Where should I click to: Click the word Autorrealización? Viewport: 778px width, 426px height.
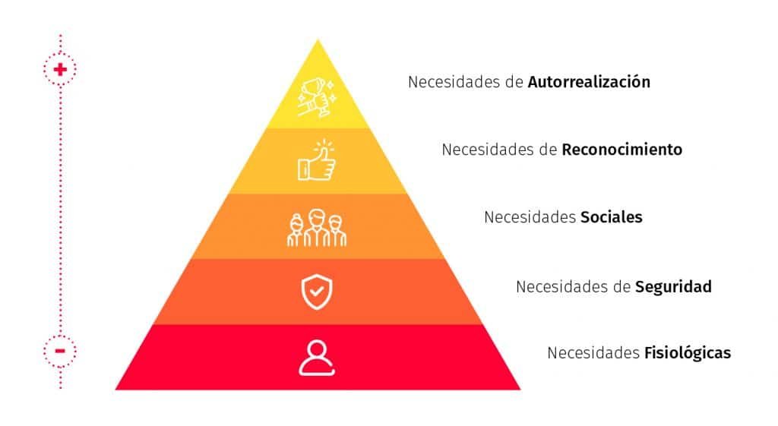click(x=589, y=82)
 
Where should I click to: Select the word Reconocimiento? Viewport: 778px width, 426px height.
click(x=621, y=150)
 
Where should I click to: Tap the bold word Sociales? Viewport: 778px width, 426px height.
click(x=612, y=217)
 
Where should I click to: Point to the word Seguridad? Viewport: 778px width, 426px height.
click(x=673, y=286)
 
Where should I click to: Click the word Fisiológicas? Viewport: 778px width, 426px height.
click(x=687, y=352)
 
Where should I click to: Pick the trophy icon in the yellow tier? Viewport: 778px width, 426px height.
click(x=317, y=97)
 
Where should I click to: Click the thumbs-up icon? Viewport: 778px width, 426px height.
click(x=317, y=159)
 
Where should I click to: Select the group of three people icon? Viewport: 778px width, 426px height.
click(x=317, y=228)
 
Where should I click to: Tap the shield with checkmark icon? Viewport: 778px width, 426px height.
click(x=317, y=292)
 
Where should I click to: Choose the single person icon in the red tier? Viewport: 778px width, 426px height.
click(x=317, y=358)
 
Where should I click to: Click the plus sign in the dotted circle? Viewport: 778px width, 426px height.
click(x=60, y=69)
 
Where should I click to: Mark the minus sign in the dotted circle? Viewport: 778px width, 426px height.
click(x=60, y=351)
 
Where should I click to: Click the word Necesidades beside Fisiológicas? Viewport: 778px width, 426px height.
click(x=593, y=352)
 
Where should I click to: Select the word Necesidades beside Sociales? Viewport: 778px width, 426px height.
click(x=530, y=217)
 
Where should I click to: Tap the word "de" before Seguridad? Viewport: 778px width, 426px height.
click(x=624, y=286)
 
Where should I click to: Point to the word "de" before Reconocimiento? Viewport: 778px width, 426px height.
click(x=550, y=150)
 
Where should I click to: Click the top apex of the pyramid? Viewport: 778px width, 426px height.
click(x=318, y=39)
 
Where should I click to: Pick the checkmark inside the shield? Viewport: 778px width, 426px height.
click(x=317, y=291)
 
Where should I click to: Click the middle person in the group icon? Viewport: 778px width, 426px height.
click(x=317, y=228)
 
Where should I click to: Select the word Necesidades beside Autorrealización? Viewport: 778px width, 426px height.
click(x=454, y=82)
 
